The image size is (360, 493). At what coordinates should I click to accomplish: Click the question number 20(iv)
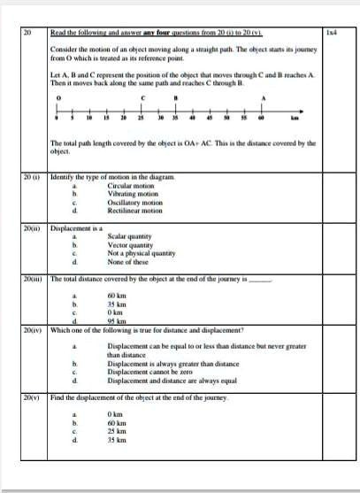[x=33, y=329]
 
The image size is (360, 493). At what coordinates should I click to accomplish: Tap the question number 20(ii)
[x=33, y=227]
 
